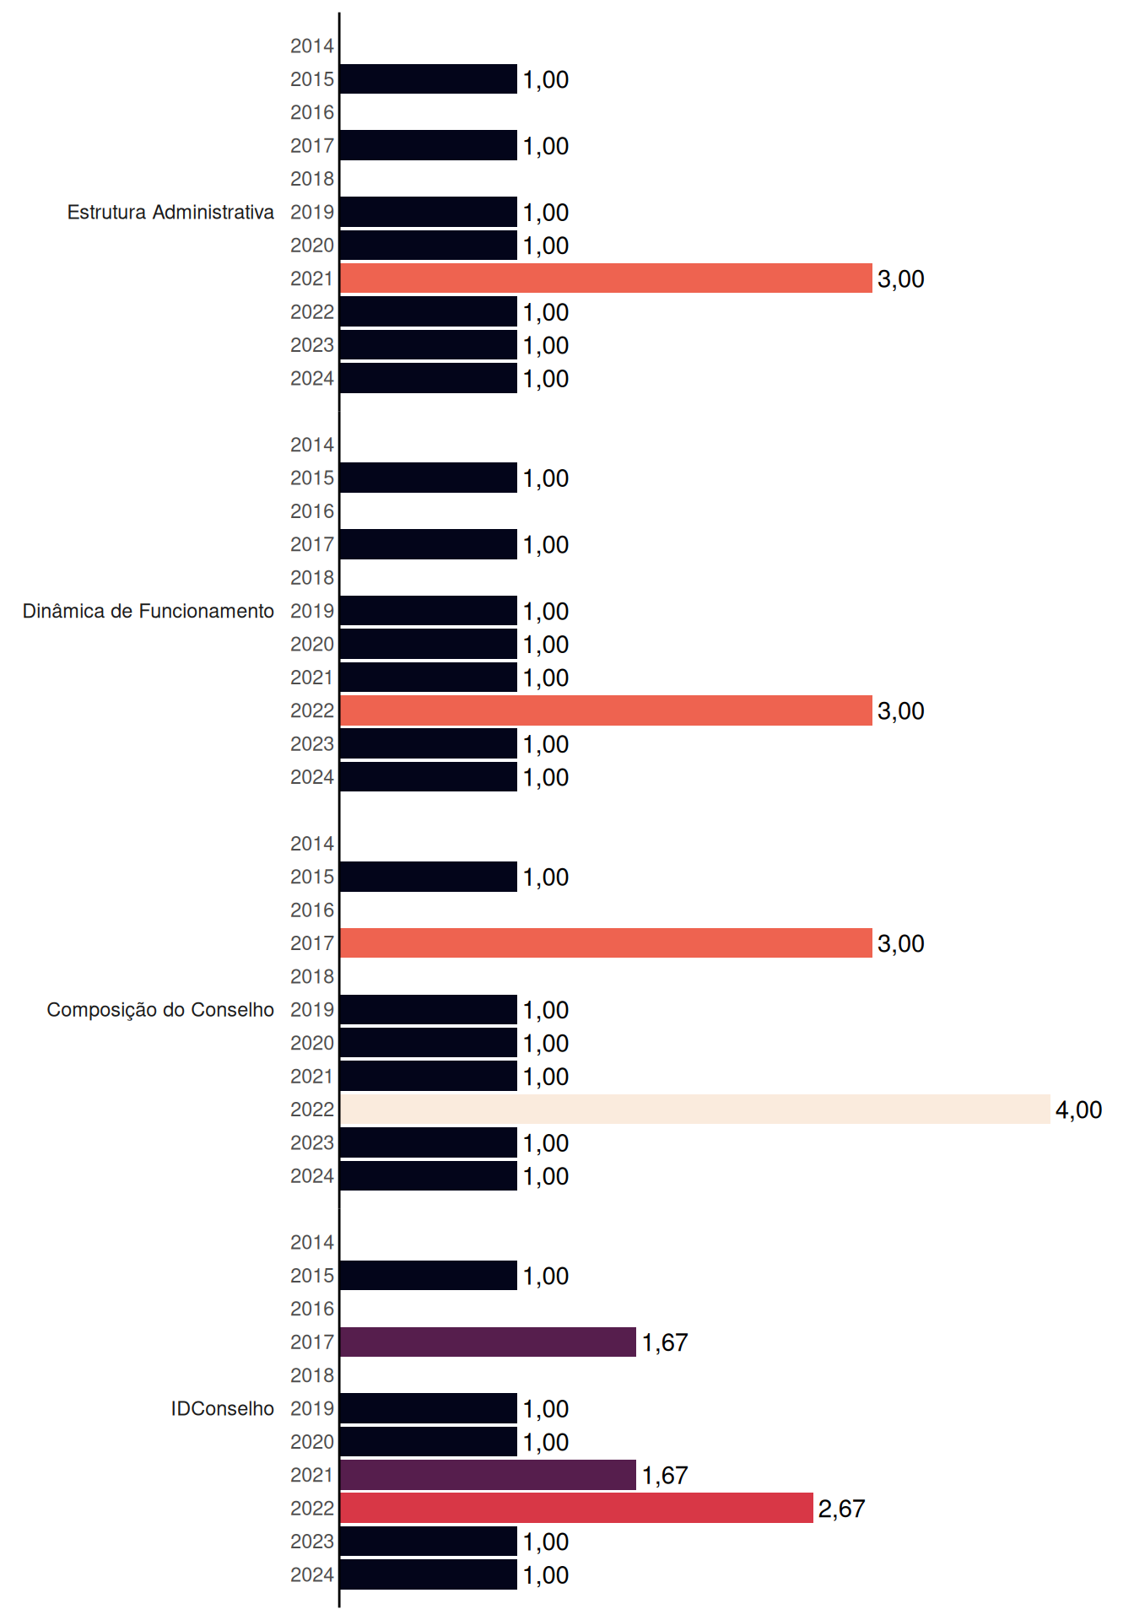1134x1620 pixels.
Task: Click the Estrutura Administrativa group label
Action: [x=170, y=212]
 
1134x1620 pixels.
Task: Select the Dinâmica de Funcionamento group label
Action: [x=148, y=611]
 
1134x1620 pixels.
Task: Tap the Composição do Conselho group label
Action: [x=160, y=1010]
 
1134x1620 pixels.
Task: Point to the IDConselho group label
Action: [x=223, y=1408]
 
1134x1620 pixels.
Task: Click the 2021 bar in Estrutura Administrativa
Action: [x=606, y=278]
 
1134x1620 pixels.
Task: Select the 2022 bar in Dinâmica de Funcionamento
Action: [x=606, y=710]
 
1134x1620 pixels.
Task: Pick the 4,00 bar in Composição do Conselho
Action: [x=695, y=1110]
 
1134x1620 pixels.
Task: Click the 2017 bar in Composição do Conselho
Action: [x=606, y=943]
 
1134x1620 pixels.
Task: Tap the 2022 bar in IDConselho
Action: [x=576, y=1508]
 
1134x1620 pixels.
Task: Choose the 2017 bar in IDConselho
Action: [x=488, y=1342]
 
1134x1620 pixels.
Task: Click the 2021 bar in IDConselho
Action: [x=488, y=1475]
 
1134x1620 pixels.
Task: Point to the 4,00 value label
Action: [x=1078, y=1110]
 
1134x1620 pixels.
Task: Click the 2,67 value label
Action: [x=841, y=1509]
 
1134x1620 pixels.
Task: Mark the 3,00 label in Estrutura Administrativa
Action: [x=900, y=279]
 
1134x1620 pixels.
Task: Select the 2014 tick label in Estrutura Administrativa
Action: [x=312, y=46]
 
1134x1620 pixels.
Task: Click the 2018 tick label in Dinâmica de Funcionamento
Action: [x=312, y=578]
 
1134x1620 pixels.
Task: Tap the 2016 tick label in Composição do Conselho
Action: [x=312, y=910]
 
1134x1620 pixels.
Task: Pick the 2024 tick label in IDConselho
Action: [x=312, y=1574]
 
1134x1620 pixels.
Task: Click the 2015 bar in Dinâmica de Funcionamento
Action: [x=429, y=478]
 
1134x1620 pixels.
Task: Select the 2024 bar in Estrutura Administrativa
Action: [x=429, y=378]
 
